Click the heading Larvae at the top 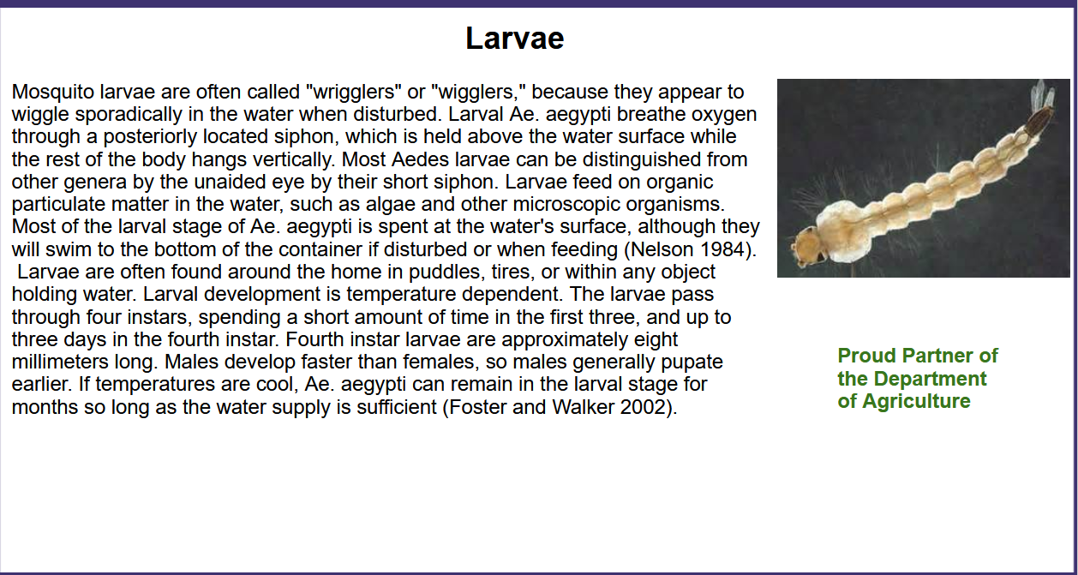tap(514, 38)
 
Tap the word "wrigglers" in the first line tap(354, 92)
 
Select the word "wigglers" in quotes tap(478, 92)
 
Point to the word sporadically tap(129, 115)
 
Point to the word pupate tap(692, 362)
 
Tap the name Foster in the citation tap(477, 407)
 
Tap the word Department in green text tap(930, 379)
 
